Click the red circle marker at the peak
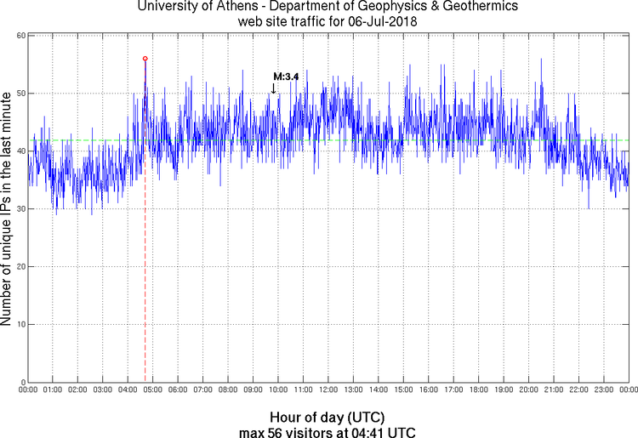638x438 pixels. click(x=145, y=59)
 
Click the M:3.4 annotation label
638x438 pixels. click(x=286, y=77)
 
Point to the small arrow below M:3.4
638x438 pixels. click(x=273, y=88)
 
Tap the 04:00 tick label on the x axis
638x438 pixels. click(x=128, y=390)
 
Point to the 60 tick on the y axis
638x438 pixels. click(x=20, y=36)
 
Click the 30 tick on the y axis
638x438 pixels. click(x=20, y=209)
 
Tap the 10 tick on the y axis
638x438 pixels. click(x=20, y=325)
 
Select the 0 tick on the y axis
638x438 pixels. click(x=22, y=382)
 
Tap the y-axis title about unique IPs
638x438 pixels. click(x=8, y=209)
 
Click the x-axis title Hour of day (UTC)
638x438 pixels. click(x=328, y=418)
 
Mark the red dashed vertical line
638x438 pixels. click(x=145, y=255)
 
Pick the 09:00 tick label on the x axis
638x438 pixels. click(x=253, y=390)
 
